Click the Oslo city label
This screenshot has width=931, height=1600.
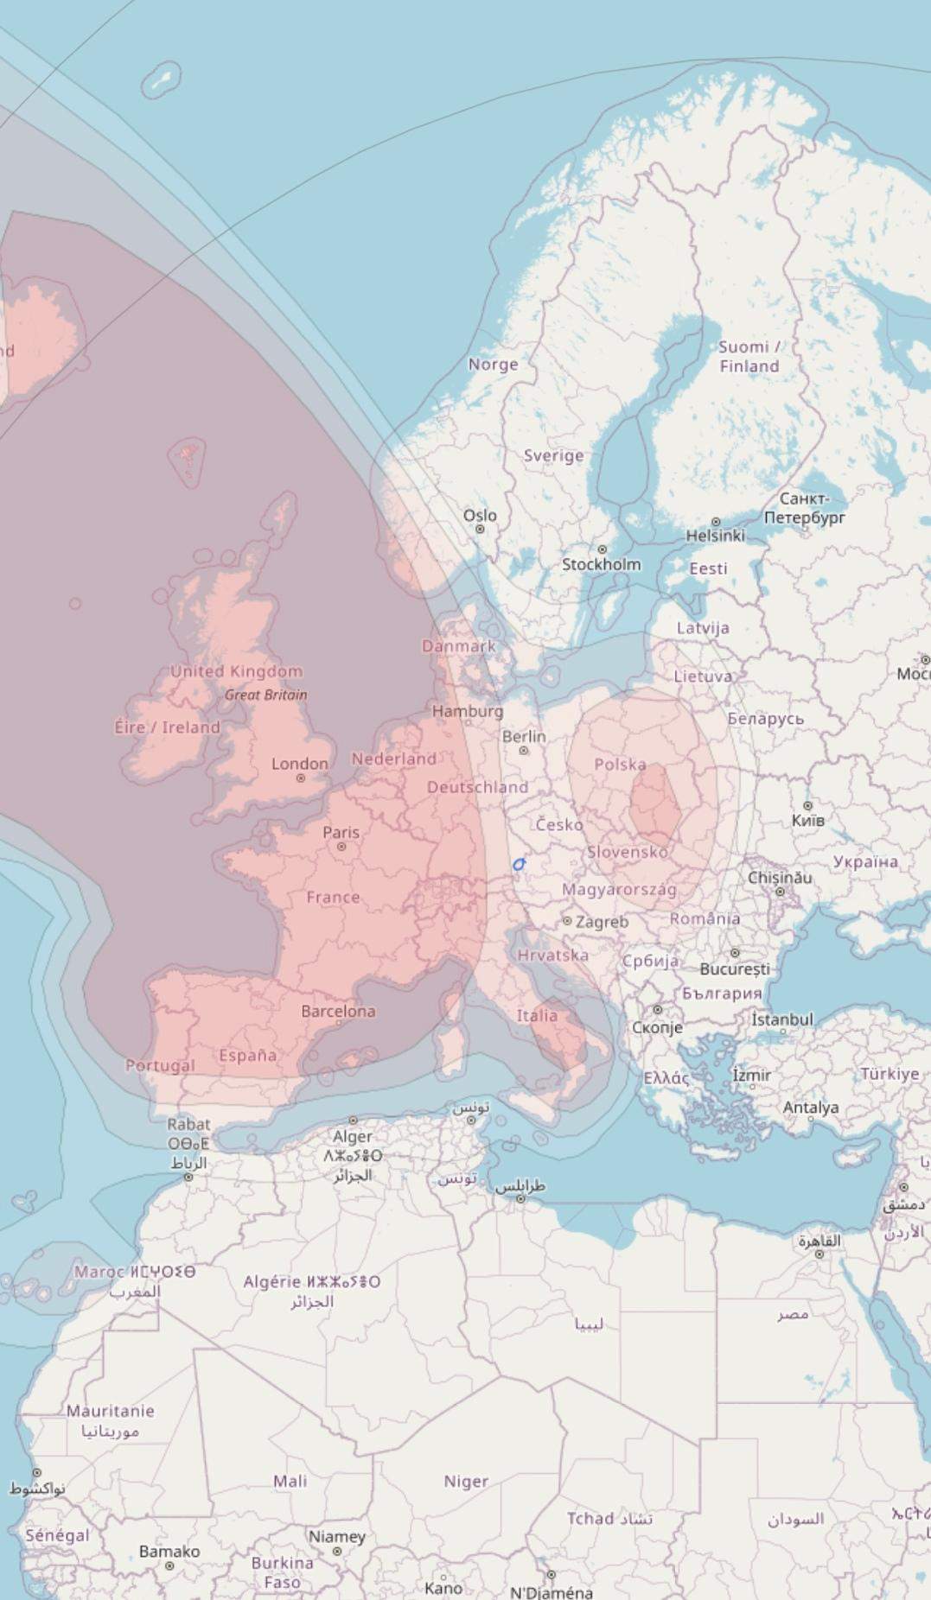click(480, 516)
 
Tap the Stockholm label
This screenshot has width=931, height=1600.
click(602, 564)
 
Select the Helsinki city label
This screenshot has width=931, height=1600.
click(715, 536)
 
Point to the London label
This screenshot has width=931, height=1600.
click(300, 764)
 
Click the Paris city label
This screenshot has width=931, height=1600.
click(341, 833)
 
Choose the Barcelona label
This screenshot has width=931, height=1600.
click(338, 1011)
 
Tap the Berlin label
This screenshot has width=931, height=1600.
click(524, 737)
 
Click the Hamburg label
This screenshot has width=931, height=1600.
click(467, 711)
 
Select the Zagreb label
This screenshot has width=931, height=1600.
click(602, 922)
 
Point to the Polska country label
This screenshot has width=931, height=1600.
click(620, 765)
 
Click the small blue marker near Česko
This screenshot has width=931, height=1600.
click(519, 864)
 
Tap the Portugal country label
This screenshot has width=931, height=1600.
click(160, 1065)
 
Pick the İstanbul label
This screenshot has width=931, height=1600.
click(781, 1019)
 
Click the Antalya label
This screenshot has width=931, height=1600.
click(811, 1108)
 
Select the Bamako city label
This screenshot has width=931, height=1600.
click(169, 1552)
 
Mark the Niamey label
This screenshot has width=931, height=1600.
click(337, 1537)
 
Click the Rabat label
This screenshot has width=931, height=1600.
click(188, 1124)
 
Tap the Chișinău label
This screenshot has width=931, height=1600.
click(780, 878)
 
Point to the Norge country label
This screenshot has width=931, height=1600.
click(493, 365)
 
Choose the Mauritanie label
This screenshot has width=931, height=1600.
click(111, 1411)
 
